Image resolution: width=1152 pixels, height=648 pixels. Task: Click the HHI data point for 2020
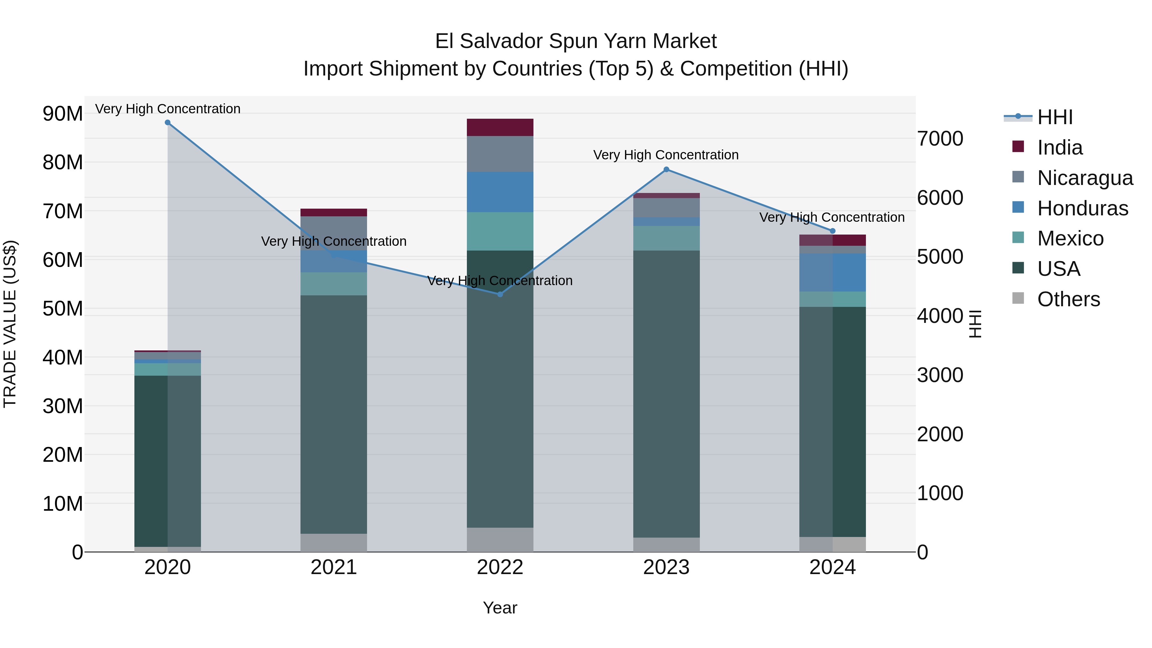[168, 123]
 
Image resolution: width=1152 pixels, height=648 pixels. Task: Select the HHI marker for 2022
[500, 294]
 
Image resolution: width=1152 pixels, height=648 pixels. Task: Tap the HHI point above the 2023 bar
[666, 170]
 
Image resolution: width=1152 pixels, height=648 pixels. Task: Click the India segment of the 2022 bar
[500, 127]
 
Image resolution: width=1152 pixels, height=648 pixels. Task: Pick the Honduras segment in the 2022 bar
[500, 192]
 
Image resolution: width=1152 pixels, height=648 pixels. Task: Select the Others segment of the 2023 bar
[666, 544]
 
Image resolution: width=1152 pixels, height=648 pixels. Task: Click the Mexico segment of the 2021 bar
[334, 284]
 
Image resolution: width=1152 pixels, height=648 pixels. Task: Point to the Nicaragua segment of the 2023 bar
[666, 207]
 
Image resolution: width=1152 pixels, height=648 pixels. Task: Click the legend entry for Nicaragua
[1085, 178]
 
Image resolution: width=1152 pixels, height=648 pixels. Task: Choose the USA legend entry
[1058, 269]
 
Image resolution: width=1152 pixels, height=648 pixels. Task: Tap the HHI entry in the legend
[1054, 117]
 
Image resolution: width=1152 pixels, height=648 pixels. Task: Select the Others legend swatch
[1018, 298]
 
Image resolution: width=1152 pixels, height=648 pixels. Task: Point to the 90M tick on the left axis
[63, 114]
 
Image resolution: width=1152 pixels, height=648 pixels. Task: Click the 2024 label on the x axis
[832, 567]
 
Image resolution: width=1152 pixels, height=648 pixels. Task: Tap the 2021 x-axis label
[334, 567]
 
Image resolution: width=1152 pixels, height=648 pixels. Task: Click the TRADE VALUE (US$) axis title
[10, 324]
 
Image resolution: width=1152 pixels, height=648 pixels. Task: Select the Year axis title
[500, 608]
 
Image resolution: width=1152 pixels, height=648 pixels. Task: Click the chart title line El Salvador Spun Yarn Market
[576, 41]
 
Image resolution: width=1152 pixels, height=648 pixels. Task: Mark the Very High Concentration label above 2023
[666, 155]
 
